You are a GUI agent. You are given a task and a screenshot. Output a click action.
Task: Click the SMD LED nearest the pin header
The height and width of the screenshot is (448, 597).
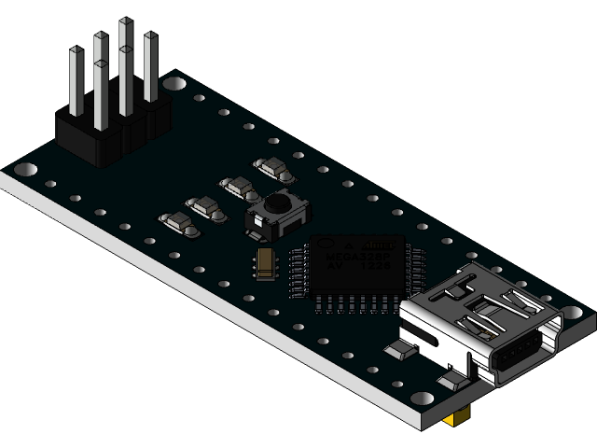point(272,168)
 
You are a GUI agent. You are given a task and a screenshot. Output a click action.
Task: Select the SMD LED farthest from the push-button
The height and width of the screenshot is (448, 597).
point(174,222)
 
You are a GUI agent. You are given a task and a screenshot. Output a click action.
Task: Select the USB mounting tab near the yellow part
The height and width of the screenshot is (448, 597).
point(454,378)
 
